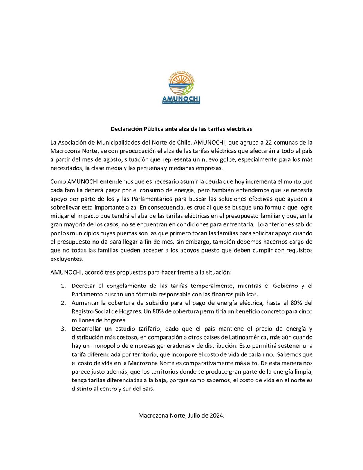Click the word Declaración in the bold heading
(x=126, y=128)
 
